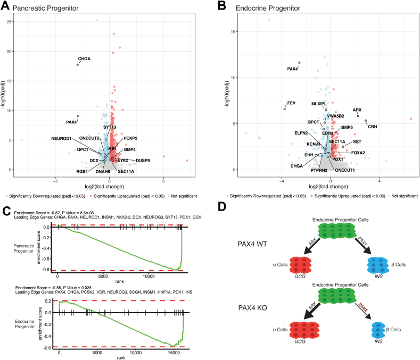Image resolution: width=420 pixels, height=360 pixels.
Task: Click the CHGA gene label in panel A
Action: (84, 58)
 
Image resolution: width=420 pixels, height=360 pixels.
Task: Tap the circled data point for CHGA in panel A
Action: (78, 65)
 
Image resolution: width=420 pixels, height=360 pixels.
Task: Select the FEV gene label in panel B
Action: (291, 103)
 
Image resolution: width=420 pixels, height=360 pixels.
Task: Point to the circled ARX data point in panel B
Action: (358, 115)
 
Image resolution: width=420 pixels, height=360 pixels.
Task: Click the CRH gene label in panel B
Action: (372, 127)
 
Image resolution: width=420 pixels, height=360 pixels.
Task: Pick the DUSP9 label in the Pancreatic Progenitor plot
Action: (143, 161)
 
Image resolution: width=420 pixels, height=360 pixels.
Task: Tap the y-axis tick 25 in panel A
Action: (9, 22)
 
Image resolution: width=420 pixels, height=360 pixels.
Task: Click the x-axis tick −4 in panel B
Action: (281, 181)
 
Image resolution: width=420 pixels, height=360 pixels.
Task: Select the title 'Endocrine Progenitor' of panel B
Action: (268, 9)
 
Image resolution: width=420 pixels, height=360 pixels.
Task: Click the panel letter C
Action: (6, 211)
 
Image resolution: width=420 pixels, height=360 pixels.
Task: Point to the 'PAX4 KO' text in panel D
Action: (253, 308)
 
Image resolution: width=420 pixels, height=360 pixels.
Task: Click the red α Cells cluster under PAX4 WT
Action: (300, 265)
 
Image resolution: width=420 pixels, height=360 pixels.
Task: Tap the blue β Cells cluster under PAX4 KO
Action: (378, 330)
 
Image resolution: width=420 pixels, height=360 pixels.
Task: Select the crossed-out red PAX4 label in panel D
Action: (363, 307)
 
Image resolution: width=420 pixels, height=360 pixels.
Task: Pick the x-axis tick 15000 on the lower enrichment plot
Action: (174, 353)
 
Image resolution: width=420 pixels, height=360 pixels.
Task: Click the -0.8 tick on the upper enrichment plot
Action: (46, 270)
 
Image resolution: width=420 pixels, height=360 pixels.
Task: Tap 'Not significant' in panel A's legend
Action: (184, 196)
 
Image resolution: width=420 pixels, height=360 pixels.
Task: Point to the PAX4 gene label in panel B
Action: (292, 69)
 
